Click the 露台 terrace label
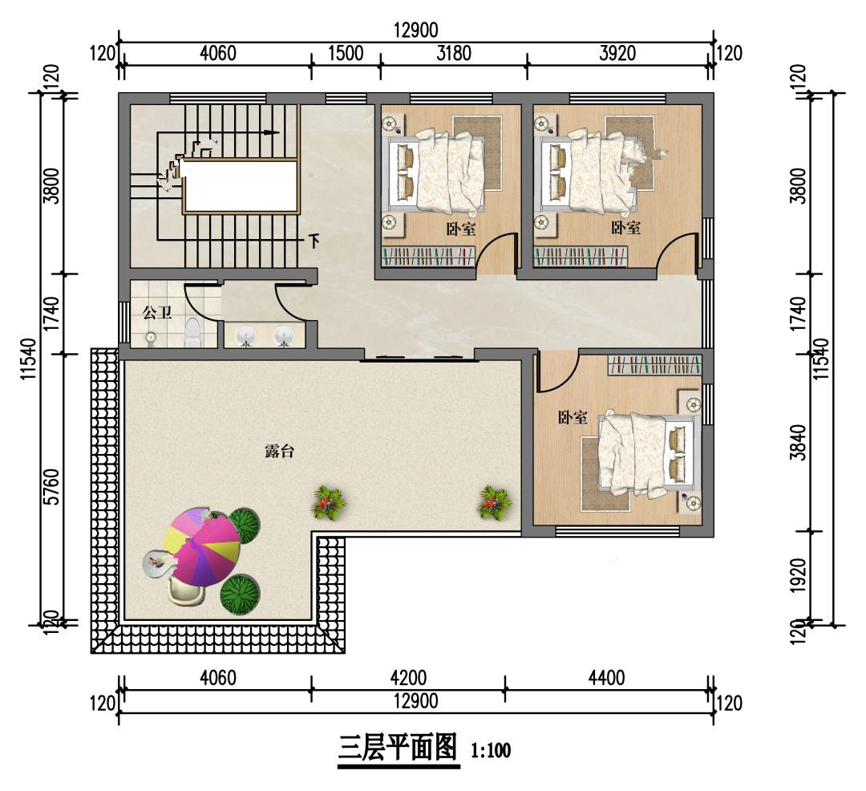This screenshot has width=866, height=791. click(x=280, y=452)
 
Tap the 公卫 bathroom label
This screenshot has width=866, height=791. click(x=157, y=313)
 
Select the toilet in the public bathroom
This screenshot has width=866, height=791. click(x=192, y=333)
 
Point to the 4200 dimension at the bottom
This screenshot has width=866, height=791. click(x=408, y=677)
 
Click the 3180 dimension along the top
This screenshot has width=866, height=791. click(x=454, y=53)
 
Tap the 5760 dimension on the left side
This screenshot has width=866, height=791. click(x=51, y=487)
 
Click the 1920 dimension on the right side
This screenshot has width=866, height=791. click(x=798, y=575)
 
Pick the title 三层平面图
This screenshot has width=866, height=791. click(x=399, y=748)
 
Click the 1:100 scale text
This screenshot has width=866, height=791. click(x=491, y=751)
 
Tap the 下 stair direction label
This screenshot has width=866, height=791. click(x=314, y=241)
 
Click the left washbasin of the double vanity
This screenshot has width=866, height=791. click(x=246, y=336)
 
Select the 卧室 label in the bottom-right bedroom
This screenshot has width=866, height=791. click(x=573, y=417)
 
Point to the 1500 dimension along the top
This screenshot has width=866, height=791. click(x=346, y=53)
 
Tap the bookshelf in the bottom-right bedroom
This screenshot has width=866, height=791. click(x=654, y=365)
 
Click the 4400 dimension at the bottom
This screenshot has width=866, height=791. click(x=606, y=677)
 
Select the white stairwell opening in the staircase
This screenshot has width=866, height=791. click(x=241, y=186)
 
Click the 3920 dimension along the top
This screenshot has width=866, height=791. click(x=617, y=53)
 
